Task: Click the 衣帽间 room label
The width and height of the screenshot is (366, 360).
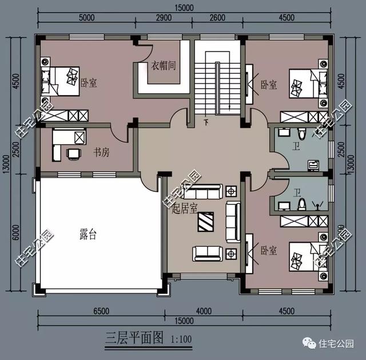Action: pyautogui.click(x=163, y=65)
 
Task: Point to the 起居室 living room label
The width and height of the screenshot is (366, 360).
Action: pyautogui.click(x=184, y=209)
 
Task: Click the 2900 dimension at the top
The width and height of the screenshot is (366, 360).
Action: pyautogui.click(x=164, y=18)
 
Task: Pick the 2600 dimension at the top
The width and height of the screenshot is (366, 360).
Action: pyautogui.click(x=217, y=18)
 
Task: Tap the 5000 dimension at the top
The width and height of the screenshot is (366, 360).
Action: pyautogui.click(x=87, y=18)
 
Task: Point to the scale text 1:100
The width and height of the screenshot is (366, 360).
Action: pyautogui.click(x=181, y=337)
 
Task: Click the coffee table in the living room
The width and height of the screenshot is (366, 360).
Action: pyautogui.click(x=206, y=220)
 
